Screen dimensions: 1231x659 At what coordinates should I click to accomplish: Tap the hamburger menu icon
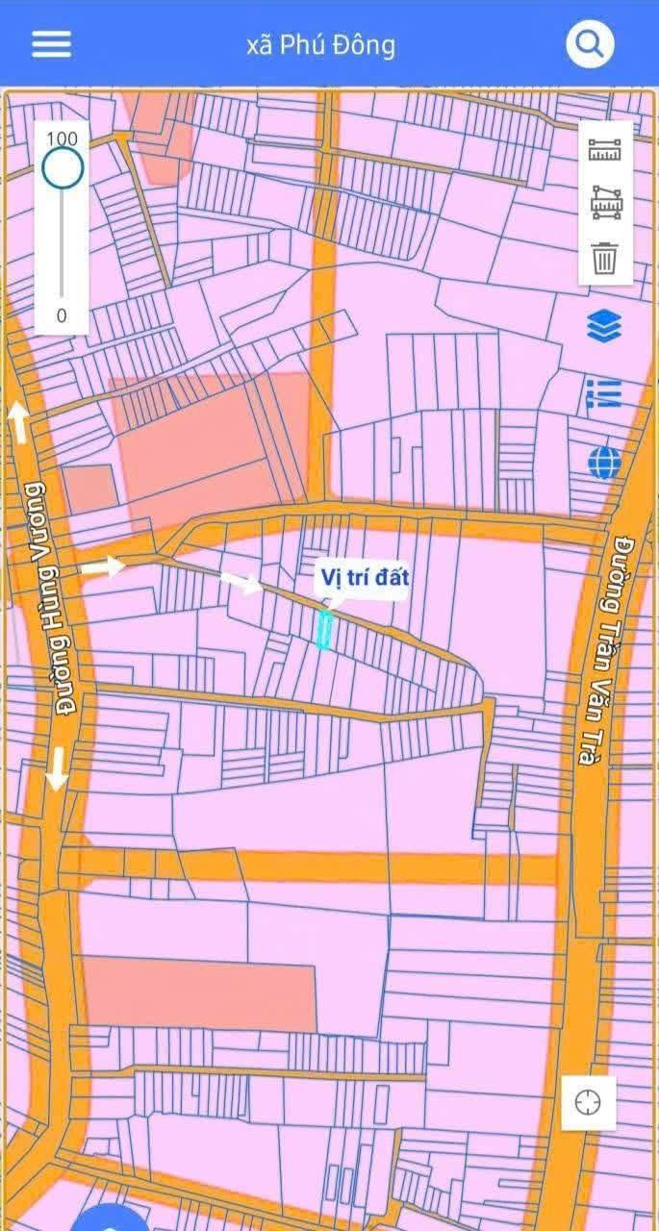point(51,44)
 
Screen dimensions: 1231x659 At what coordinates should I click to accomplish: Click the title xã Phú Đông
point(320,45)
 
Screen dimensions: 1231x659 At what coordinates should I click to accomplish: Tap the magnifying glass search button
point(589,43)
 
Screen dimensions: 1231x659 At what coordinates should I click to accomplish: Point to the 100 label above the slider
point(62,138)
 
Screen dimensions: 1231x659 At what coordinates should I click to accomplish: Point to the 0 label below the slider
point(62,315)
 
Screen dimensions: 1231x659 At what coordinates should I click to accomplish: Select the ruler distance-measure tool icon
point(606,150)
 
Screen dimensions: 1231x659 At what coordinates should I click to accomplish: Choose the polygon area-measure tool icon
point(606,203)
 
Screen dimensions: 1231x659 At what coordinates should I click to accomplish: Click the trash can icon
point(605,258)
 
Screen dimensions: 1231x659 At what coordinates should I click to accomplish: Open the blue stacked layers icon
point(604,326)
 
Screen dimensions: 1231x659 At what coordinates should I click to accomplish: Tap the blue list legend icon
point(604,393)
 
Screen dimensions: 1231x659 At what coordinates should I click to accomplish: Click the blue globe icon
point(604,463)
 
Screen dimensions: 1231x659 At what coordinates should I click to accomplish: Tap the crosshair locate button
point(588,1102)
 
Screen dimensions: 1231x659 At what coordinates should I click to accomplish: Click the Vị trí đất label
point(364,578)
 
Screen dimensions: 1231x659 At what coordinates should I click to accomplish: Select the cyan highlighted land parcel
point(325,630)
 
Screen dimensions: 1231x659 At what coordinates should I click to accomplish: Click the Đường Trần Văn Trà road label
point(605,649)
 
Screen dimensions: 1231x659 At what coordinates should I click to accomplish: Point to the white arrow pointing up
point(18,423)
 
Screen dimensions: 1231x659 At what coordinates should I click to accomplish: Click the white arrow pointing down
point(57,767)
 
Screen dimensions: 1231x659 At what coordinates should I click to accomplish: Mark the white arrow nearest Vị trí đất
point(241,582)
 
